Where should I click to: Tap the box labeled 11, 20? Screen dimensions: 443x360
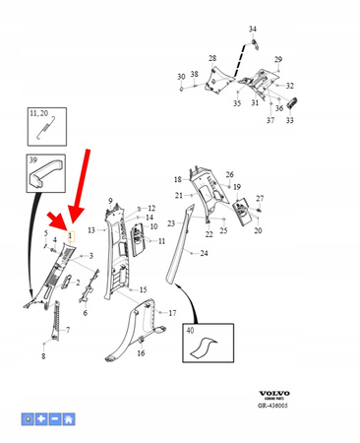pyautogui.click(x=41, y=127)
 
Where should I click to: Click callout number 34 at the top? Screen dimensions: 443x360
pyautogui.click(x=252, y=30)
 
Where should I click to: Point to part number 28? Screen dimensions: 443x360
pyautogui.click(x=213, y=59)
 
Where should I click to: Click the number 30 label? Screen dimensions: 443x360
pyautogui.click(x=181, y=76)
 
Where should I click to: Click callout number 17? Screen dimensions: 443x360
pyautogui.click(x=172, y=313)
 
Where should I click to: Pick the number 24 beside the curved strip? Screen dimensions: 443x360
pyautogui.click(x=204, y=253)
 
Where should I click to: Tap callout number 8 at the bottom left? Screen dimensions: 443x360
pyautogui.click(x=42, y=355)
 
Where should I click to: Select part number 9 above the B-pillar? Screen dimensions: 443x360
pyautogui.click(x=110, y=201)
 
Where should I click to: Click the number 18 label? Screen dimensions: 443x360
pyautogui.click(x=178, y=180)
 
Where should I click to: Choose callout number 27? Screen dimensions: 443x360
pyautogui.click(x=260, y=198)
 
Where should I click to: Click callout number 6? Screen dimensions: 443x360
pyautogui.click(x=85, y=313)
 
